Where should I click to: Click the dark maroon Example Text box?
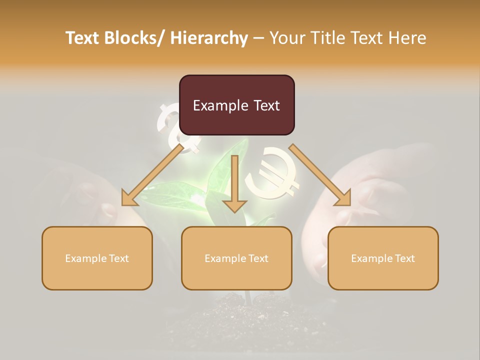pos(236,105)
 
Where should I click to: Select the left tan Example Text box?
pos(97,258)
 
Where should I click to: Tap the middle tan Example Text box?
pos(236,258)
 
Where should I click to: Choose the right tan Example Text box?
pos(383,258)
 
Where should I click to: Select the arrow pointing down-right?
pos(320,175)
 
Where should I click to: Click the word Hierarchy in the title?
pos(208,38)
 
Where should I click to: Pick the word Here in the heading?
pos(408,38)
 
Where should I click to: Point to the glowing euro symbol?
pos(272,172)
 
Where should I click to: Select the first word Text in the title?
pos(83,38)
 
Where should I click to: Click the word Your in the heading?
pos(287,38)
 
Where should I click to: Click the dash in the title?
pos(258,38)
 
